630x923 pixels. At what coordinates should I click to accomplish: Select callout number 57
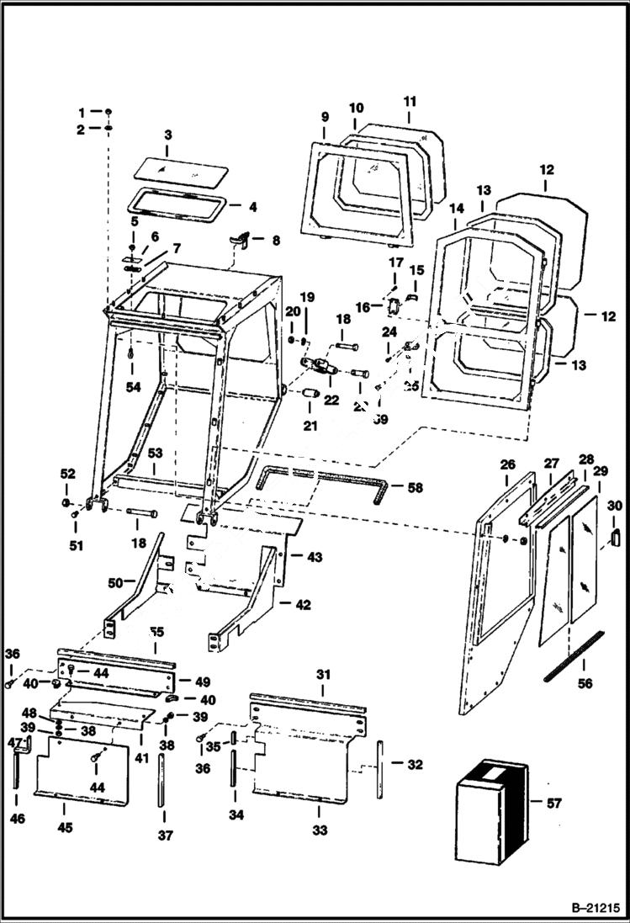coord(553,804)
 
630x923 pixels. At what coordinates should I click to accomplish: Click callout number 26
coord(507,463)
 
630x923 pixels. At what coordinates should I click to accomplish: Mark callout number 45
coord(66,828)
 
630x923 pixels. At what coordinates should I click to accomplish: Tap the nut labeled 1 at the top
coord(109,112)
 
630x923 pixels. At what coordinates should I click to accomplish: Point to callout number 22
coord(331,400)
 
